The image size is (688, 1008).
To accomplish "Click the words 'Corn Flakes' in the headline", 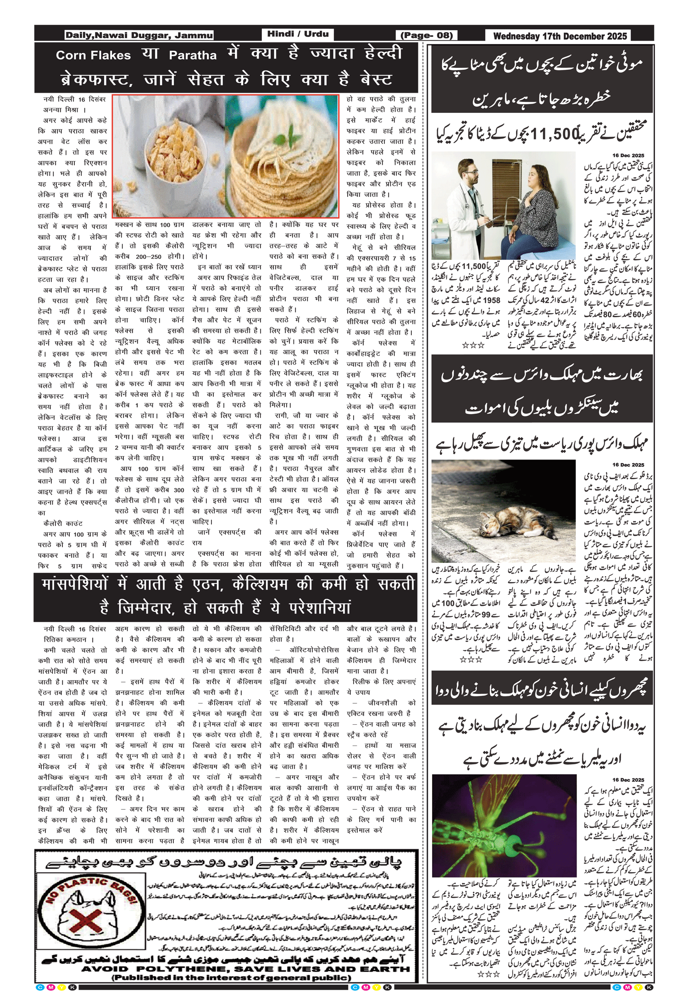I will (93, 56).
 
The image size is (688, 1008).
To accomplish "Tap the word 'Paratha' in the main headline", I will (193, 56).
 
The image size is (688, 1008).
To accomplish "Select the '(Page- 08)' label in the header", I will (427, 35).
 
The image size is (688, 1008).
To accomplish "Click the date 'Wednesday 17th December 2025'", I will (560, 36).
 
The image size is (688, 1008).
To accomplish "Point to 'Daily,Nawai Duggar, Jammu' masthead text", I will (139, 35).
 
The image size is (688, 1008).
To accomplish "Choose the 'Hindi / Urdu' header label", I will (298, 34).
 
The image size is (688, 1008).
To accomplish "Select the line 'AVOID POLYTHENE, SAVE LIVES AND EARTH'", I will (245, 969).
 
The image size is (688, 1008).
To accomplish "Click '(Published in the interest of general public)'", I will (232, 977).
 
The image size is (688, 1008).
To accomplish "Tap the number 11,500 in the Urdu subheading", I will (552, 134).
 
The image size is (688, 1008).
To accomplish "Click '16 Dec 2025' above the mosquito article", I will (628, 779).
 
